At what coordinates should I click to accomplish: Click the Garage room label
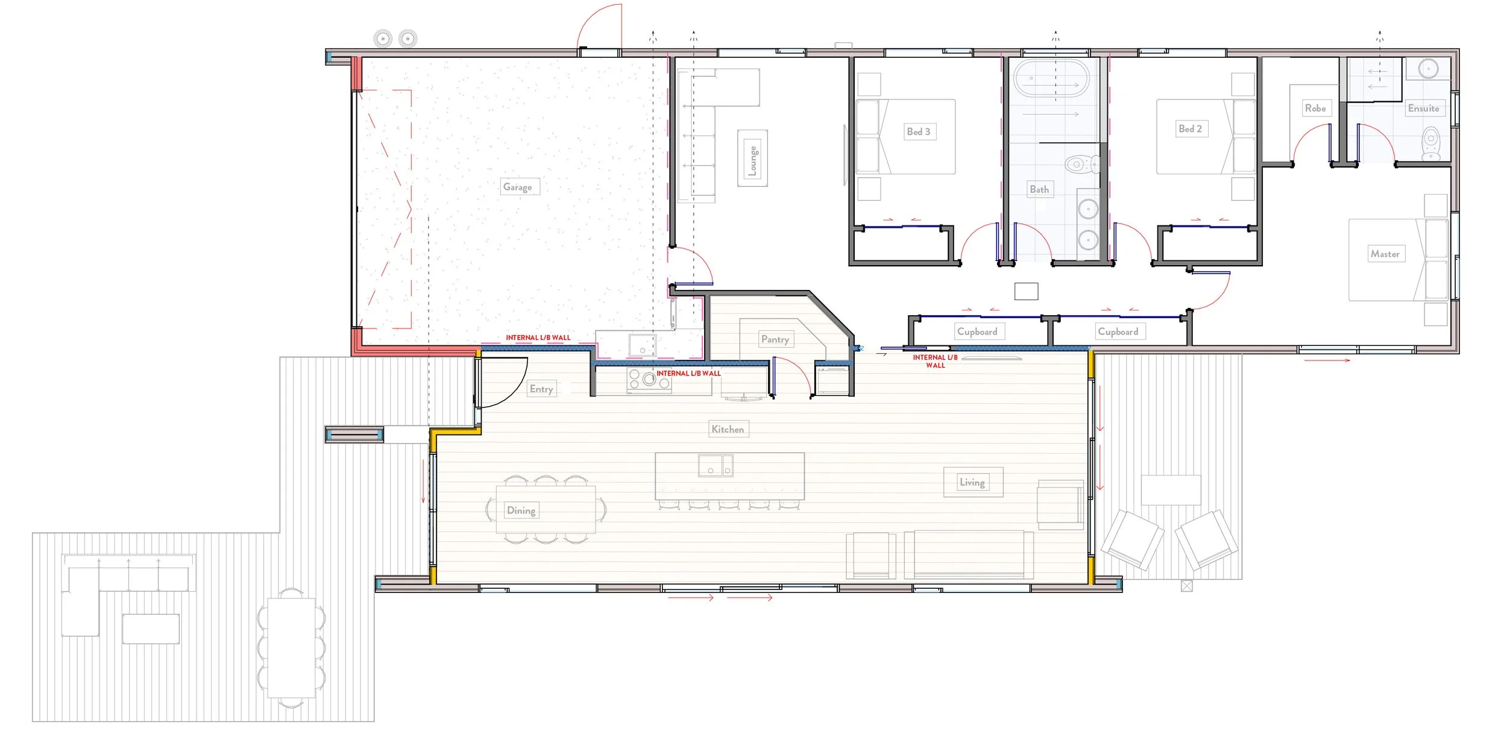click(x=517, y=187)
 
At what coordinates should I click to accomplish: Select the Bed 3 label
click(x=919, y=131)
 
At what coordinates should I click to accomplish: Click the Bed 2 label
click(x=1190, y=128)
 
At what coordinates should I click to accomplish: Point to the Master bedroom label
click(x=1385, y=254)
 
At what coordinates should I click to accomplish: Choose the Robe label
click(x=1315, y=108)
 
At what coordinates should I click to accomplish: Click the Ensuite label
click(x=1423, y=108)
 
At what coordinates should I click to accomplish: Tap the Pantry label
click(x=775, y=339)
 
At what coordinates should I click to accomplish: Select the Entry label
click(x=541, y=389)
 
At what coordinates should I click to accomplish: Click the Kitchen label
click(x=728, y=429)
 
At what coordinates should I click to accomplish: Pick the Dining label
click(x=521, y=510)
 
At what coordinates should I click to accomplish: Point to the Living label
click(x=972, y=482)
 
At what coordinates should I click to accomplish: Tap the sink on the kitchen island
click(x=716, y=465)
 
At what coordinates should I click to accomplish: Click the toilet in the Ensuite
click(x=1430, y=143)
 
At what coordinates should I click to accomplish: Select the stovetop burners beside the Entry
click(x=649, y=380)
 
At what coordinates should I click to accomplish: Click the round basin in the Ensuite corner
click(x=1428, y=69)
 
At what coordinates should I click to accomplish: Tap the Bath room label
click(x=1039, y=189)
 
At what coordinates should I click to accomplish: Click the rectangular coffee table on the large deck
click(x=151, y=629)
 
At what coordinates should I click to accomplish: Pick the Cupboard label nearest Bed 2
click(x=1118, y=331)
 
